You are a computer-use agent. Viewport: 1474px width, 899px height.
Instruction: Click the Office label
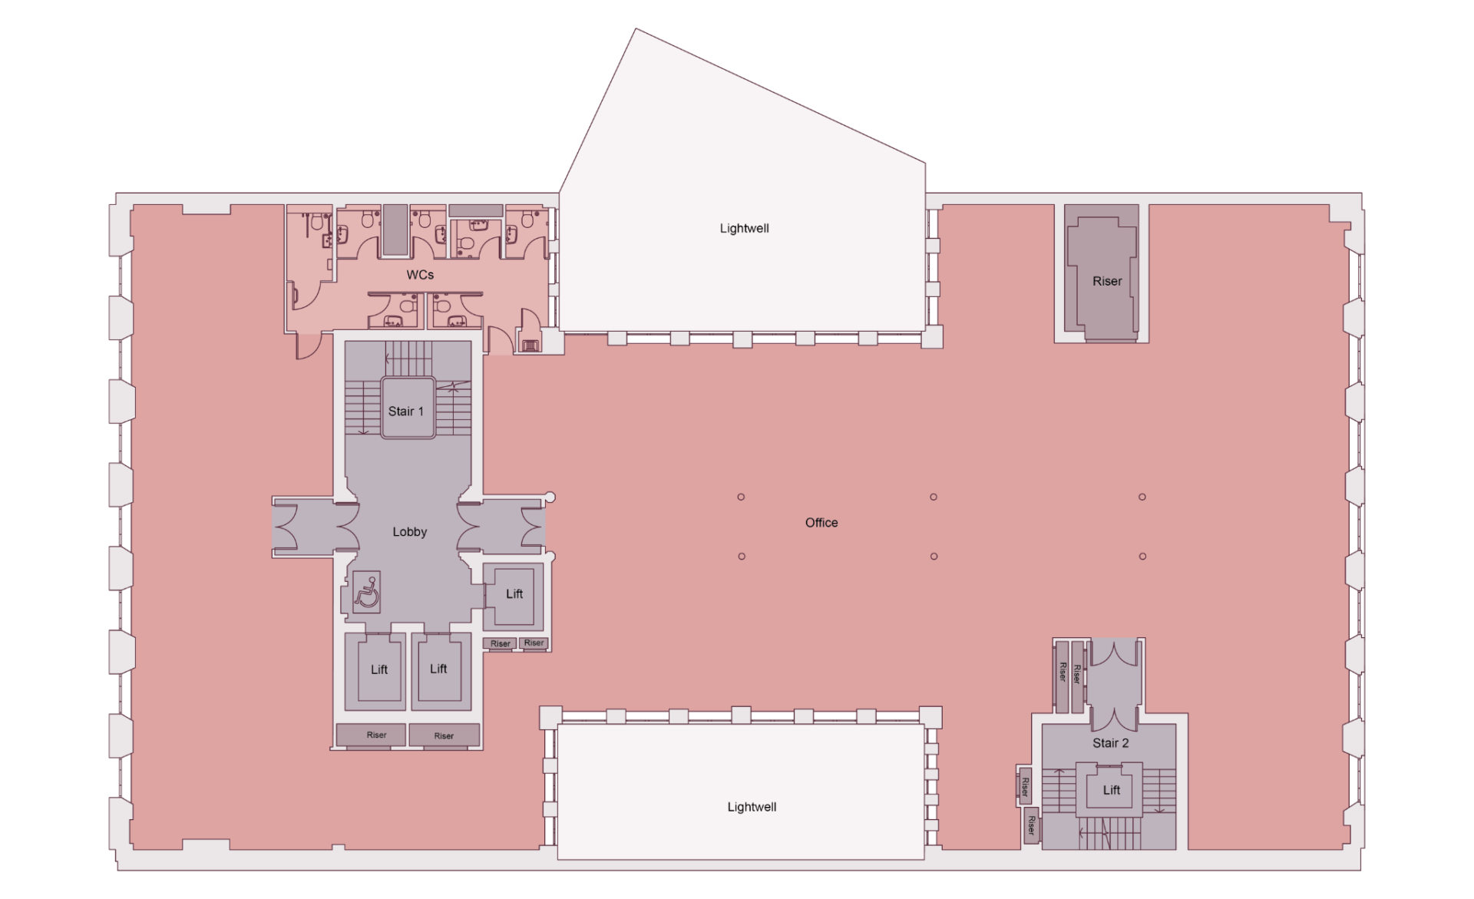pyautogui.click(x=821, y=523)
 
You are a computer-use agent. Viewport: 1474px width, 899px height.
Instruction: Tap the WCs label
pyautogui.click(x=420, y=275)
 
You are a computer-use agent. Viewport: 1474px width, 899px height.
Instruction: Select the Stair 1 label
pyautogui.click(x=405, y=411)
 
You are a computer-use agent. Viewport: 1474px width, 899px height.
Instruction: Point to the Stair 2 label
pyautogui.click(x=1110, y=743)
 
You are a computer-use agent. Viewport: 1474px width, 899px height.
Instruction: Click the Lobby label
pyautogui.click(x=409, y=532)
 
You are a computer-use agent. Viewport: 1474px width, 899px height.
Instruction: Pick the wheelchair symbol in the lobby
pyautogui.click(x=367, y=593)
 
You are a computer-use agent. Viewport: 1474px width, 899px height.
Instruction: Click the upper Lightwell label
pyautogui.click(x=744, y=229)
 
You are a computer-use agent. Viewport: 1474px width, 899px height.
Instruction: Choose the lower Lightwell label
pyautogui.click(x=752, y=808)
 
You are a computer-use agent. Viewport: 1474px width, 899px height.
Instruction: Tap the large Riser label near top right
pyautogui.click(x=1107, y=282)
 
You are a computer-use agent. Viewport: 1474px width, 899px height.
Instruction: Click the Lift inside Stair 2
pyautogui.click(x=1112, y=790)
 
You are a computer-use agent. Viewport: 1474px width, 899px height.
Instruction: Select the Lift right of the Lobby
pyautogui.click(x=514, y=594)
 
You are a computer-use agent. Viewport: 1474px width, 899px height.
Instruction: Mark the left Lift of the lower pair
pyautogui.click(x=379, y=669)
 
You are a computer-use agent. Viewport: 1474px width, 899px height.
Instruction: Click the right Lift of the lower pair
pyautogui.click(x=438, y=669)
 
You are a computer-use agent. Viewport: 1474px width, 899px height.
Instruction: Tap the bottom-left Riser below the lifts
pyautogui.click(x=376, y=735)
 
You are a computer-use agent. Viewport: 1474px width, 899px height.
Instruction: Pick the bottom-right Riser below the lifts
pyautogui.click(x=444, y=736)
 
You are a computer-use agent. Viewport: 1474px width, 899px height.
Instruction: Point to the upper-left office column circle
pyautogui.click(x=741, y=497)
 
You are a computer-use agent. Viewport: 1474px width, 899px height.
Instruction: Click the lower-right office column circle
pyautogui.click(x=1142, y=557)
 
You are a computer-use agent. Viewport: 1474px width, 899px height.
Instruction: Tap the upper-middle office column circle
pyautogui.click(x=934, y=497)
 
